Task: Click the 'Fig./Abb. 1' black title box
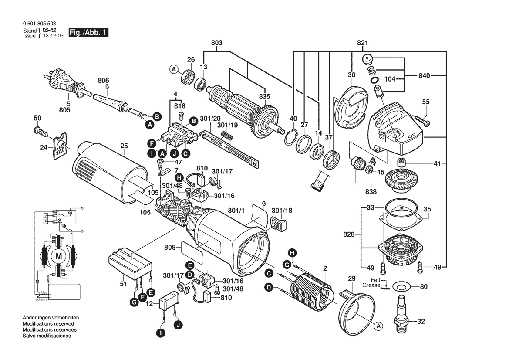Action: click(x=89, y=33)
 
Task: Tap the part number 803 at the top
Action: click(x=216, y=43)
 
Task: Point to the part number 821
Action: click(x=363, y=43)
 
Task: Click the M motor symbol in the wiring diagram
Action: click(x=58, y=257)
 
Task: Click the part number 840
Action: click(x=425, y=76)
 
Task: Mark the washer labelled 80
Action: click(x=401, y=287)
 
